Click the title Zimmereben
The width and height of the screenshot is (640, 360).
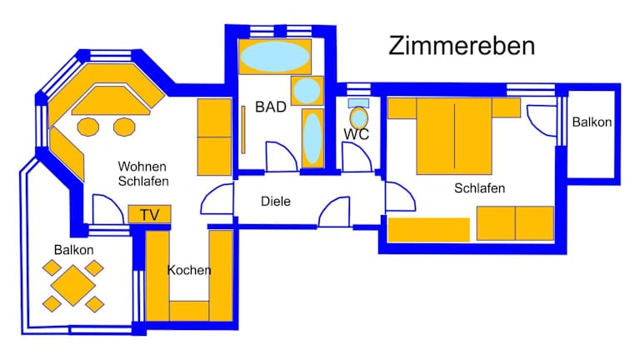pos(461,47)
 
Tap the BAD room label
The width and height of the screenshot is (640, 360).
pos(271,107)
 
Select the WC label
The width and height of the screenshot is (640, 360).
pos(357,134)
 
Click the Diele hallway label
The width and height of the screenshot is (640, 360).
pos(275,201)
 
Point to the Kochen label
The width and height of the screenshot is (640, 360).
pos(189,270)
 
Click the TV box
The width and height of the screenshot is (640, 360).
pos(149,215)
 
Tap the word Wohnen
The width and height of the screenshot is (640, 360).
pos(143,166)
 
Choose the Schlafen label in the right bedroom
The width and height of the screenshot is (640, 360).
pos(480,188)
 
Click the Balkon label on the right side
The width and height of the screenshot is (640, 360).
pos(592,122)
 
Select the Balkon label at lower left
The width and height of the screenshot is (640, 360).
pos(73,250)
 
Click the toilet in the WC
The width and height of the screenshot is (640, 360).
pos(359,117)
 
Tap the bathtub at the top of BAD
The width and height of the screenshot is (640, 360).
pos(275,57)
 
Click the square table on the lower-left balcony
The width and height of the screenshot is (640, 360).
pos(73,286)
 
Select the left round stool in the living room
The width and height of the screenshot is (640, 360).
pos(88,127)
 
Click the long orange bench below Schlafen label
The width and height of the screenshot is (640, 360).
pos(429,229)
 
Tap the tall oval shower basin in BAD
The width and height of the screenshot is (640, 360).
pos(312,138)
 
